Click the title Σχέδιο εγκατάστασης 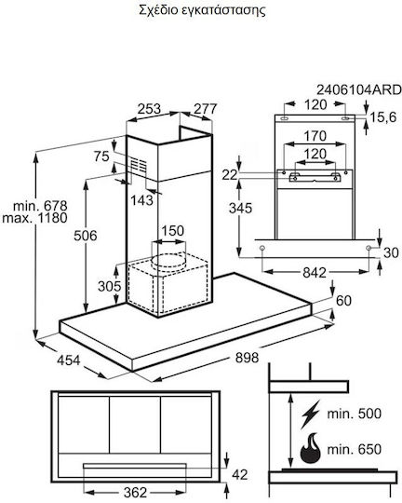(202, 10)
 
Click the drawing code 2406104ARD (358, 89)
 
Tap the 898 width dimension (247, 358)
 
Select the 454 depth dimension (69, 360)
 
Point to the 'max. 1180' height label (34, 218)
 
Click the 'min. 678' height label (40, 206)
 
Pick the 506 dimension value (86, 236)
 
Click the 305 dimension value (110, 286)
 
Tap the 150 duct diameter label (173, 231)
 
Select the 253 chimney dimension (149, 109)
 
